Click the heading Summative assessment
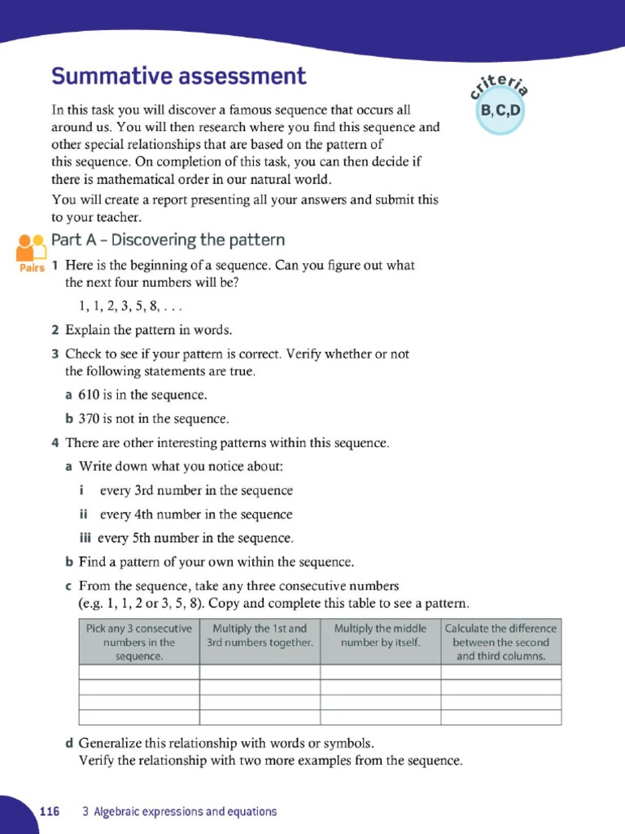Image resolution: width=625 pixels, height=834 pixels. tap(179, 77)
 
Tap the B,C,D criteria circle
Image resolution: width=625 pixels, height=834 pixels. tap(500, 110)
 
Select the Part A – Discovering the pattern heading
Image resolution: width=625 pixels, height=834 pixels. tap(168, 240)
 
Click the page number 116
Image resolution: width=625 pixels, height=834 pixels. tap(50, 811)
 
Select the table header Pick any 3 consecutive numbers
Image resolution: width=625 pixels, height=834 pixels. tap(139, 642)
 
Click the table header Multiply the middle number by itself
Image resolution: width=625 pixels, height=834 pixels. tap(380, 635)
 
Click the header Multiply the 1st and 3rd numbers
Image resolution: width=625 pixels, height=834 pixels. tap(260, 635)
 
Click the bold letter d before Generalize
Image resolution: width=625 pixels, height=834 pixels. tap(69, 743)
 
